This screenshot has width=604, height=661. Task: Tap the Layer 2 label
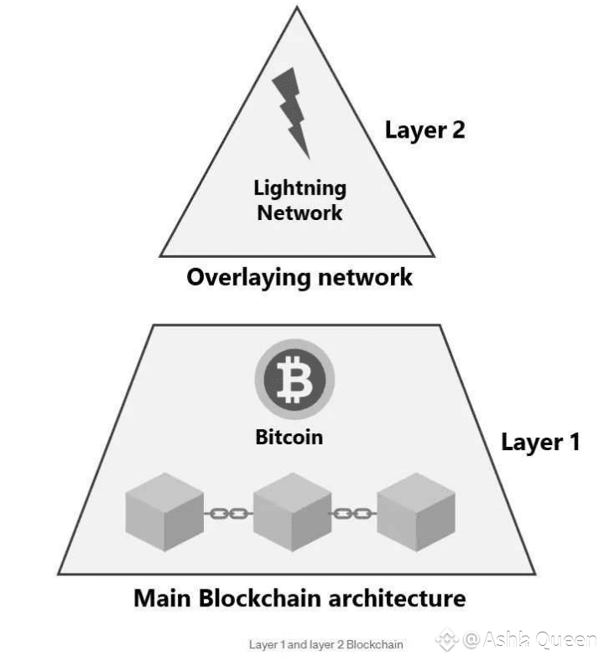click(425, 131)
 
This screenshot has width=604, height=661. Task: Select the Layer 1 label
click(540, 443)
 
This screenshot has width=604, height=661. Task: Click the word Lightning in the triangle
click(300, 188)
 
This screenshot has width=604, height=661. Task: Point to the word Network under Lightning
click(299, 212)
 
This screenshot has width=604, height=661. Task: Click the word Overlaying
click(250, 278)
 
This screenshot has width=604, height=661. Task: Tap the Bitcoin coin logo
click(294, 379)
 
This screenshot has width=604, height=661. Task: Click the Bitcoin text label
click(289, 437)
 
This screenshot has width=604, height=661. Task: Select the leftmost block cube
click(164, 511)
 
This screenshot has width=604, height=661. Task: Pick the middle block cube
click(293, 511)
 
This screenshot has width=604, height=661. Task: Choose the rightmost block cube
click(416, 511)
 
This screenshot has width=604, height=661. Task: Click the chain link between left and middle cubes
click(228, 513)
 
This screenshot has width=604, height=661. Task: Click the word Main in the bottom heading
click(162, 598)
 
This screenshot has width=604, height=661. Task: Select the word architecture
click(397, 598)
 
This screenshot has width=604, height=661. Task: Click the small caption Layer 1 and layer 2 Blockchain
click(326, 644)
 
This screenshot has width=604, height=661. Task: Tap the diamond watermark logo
click(447, 639)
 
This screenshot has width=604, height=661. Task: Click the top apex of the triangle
click(297, 8)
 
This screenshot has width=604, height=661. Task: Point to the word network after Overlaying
click(366, 277)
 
